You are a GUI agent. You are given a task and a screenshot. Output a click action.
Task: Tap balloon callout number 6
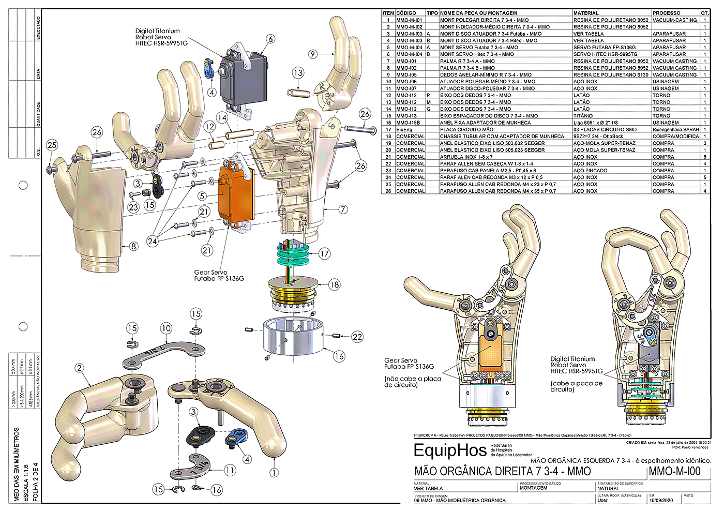(x=270, y=39)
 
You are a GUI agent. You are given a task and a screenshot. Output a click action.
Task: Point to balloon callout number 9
(x=312, y=54)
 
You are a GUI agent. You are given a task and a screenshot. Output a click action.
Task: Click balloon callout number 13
(x=298, y=73)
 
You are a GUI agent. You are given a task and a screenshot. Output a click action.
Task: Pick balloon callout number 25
(x=52, y=145)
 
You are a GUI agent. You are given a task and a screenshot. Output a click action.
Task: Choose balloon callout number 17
(x=324, y=253)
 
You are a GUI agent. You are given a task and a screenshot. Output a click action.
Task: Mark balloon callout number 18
(x=335, y=284)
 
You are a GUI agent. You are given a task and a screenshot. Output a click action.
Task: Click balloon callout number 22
(x=357, y=337)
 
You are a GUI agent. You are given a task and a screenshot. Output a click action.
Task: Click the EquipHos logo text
(x=450, y=450)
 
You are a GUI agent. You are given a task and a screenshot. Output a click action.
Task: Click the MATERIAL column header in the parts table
(x=586, y=13)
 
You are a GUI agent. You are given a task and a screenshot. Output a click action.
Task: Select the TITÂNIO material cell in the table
(x=583, y=116)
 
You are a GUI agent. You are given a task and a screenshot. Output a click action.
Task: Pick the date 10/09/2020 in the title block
(x=662, y=501)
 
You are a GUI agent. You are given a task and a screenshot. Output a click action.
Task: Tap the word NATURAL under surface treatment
(x=608, y=488)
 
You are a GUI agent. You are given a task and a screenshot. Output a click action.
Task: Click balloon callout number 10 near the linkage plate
(x=165, y=328)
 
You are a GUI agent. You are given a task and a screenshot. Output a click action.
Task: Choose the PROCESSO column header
(x=666, y=13)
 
